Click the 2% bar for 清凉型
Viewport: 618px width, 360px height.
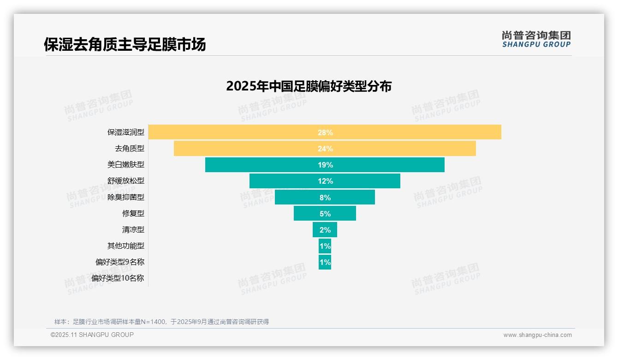point(325,229)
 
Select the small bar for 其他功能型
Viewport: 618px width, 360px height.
point(325,246)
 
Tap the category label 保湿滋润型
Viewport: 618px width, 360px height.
point(125,132)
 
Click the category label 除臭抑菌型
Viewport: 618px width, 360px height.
point(125,197)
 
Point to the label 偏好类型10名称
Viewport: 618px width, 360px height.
point(118,278)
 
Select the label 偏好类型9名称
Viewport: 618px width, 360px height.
point(119,262)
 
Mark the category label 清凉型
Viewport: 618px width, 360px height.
point(133,229)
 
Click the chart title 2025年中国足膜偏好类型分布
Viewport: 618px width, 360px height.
point(309,86)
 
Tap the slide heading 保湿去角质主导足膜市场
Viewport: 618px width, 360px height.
point(125,44)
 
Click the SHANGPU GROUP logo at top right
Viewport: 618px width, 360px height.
point(536,39)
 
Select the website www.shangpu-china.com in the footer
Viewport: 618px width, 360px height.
point(537,335)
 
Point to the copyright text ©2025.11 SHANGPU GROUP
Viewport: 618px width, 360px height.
point(92,335)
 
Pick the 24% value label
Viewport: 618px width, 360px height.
point(325,149)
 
